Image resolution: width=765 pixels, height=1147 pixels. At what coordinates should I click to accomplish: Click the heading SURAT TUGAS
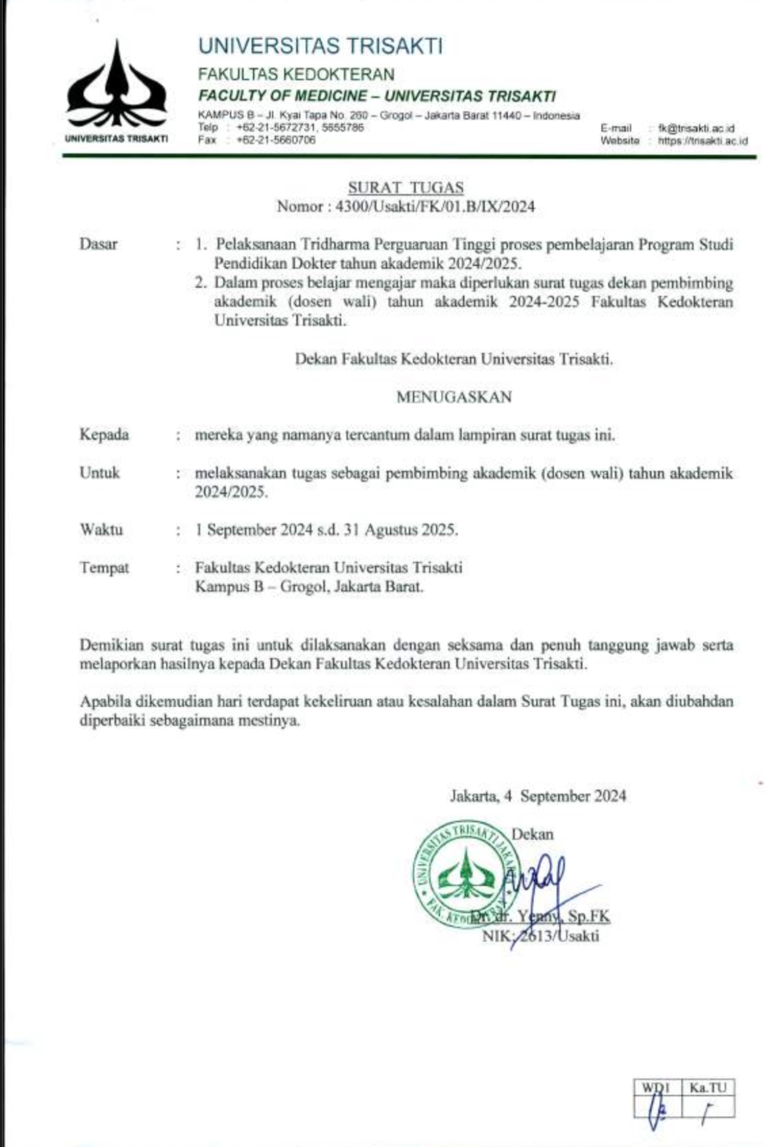click(405, 188)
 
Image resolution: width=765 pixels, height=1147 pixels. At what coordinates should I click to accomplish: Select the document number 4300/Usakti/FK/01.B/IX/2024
click(435, 207)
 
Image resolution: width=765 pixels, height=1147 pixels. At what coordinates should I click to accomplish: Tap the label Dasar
click(98, 244)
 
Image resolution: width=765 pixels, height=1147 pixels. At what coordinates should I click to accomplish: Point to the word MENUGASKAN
click(454, 397)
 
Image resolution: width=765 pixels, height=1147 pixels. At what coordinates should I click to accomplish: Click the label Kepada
click(104, 435)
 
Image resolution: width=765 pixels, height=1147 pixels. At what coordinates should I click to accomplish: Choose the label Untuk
click(99, 472)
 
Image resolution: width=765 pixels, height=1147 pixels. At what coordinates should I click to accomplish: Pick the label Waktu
click(101, 530)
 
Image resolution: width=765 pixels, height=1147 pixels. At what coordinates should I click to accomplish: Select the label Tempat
click(104, 567)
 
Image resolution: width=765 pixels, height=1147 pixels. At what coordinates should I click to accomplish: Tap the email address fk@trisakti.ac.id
click(696, 128)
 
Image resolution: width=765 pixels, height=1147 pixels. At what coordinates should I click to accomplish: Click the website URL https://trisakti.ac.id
click(702, 140)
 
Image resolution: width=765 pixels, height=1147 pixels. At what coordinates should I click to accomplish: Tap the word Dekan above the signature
click(532, 834)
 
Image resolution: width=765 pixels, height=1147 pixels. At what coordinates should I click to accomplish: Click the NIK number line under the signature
click(540, 936)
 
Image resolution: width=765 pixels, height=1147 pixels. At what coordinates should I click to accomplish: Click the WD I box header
click(656, 1088)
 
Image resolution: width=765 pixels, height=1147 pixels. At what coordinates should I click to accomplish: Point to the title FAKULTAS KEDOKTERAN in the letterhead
click(297, 74)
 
